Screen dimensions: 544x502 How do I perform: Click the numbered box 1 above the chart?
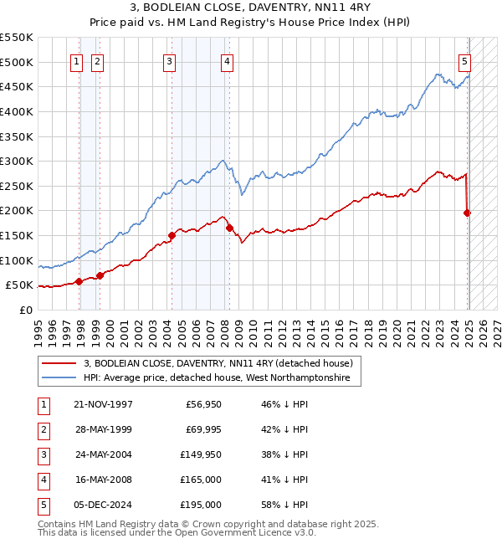coord(76,60)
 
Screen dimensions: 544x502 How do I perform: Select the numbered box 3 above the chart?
coord(169,60)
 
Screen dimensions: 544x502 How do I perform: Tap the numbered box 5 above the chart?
coord(464,60)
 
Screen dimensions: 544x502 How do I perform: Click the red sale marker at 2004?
coord(172,236)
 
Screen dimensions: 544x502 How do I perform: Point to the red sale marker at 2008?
coord(229,228)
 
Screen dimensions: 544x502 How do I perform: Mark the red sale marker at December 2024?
coord(468,213)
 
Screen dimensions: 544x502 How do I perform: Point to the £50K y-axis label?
coord(18,285)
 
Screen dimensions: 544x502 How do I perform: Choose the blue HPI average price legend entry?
coord(222,379)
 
